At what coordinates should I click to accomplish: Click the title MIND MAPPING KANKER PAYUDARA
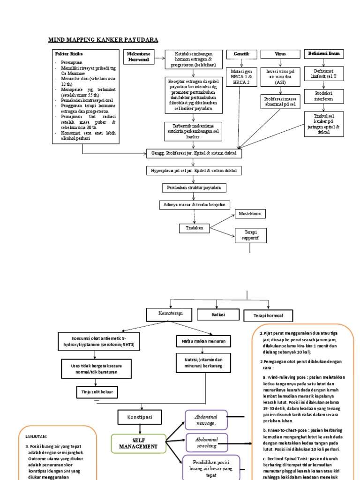click(104, 39)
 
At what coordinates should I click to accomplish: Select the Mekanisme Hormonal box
click(138, 57)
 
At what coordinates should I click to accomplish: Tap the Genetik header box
click(241, 55)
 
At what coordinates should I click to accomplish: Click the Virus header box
click(280, 55)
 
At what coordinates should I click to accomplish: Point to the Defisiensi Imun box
click(323, 54)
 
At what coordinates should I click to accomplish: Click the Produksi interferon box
click(323, 97)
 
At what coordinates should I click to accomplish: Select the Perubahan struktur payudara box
click(194, 187)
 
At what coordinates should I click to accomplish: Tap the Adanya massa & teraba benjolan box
click(194, 205)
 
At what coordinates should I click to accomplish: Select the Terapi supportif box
click(251, 235)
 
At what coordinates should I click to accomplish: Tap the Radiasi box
click(218, 315)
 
